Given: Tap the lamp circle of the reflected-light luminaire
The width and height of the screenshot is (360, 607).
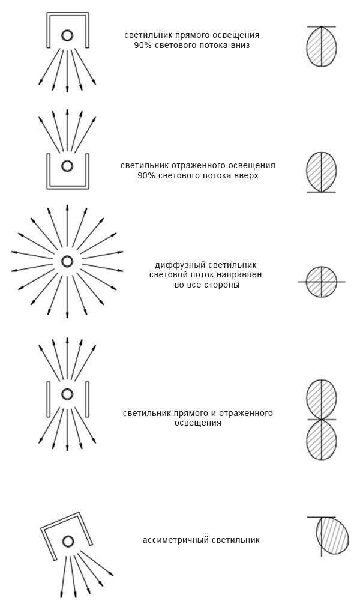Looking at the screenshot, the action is click(x=67, y=166).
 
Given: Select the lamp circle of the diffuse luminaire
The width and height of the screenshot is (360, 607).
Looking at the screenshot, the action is click(x=67, y=261).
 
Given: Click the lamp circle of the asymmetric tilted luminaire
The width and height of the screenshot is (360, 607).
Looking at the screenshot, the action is click(x=68, y=541).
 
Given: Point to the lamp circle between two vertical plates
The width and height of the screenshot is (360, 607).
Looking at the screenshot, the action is click(x=67, y=394).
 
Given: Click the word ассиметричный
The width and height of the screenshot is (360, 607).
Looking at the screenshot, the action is click(x=176, y=540).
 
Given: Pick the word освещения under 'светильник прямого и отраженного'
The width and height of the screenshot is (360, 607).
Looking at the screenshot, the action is click(x=197, y=423).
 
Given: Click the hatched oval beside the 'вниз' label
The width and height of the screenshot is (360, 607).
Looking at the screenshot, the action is click(x=321, y=46).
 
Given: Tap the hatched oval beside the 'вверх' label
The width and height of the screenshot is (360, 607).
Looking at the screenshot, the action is click(x=321, y=172).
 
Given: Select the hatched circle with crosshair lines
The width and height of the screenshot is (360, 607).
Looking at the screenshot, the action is click(x=321, y=281).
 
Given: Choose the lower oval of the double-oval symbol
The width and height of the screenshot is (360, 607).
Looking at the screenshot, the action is click(x=321, y=440).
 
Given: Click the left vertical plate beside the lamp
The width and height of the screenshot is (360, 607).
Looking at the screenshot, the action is click(x=48, y=399).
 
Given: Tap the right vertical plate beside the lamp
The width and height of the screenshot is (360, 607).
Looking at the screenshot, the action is click(x=87, y=399).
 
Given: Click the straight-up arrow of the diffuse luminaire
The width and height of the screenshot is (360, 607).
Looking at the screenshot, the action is click(x=67, y=225).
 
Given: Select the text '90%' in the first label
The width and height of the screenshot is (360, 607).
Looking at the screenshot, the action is click(x=143, y=45).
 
